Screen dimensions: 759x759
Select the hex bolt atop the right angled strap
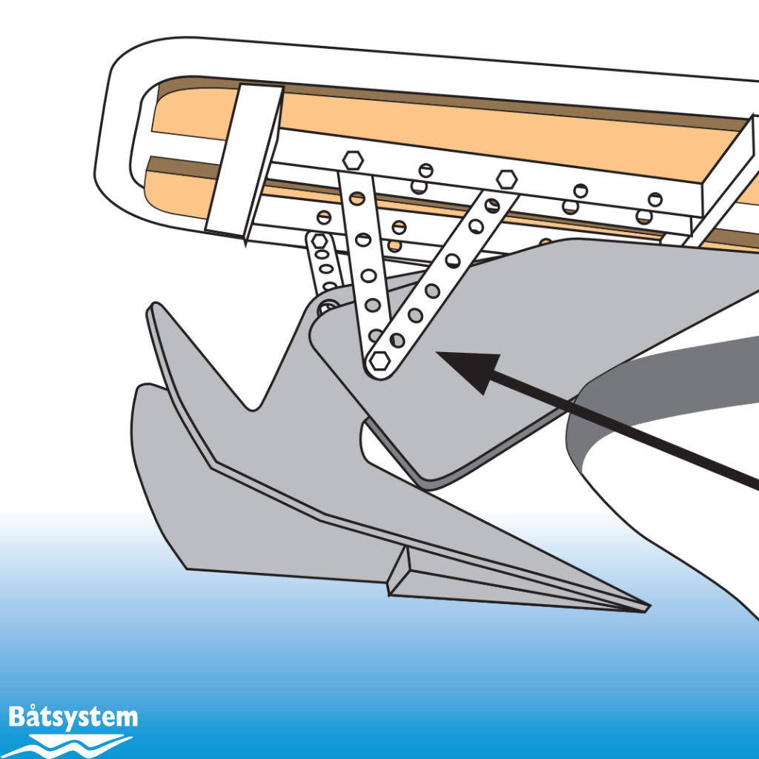click(506, 179)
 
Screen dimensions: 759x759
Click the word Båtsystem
click(73, 717)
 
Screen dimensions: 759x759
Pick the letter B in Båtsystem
click(18, 717)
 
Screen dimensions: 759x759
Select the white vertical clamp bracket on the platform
click(245, 163)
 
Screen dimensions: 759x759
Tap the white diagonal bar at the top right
click(723, 185)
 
